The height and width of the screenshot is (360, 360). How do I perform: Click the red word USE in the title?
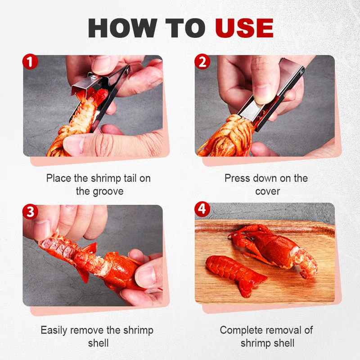[244, 28]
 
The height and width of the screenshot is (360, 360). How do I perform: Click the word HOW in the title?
[122, 28]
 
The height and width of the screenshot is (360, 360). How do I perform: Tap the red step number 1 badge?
[30, 62]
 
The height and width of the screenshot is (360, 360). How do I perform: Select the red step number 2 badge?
[202, 62]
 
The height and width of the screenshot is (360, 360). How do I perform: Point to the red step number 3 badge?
[30, 211]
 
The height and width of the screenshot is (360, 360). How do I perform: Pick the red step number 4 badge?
[202, 209]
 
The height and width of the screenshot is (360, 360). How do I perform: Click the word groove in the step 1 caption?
[108, 192]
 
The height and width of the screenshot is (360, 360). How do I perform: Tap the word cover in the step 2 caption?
[267, 192]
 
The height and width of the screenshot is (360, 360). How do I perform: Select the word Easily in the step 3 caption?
[54, 331]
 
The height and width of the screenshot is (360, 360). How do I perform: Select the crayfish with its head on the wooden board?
[273, 251]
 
